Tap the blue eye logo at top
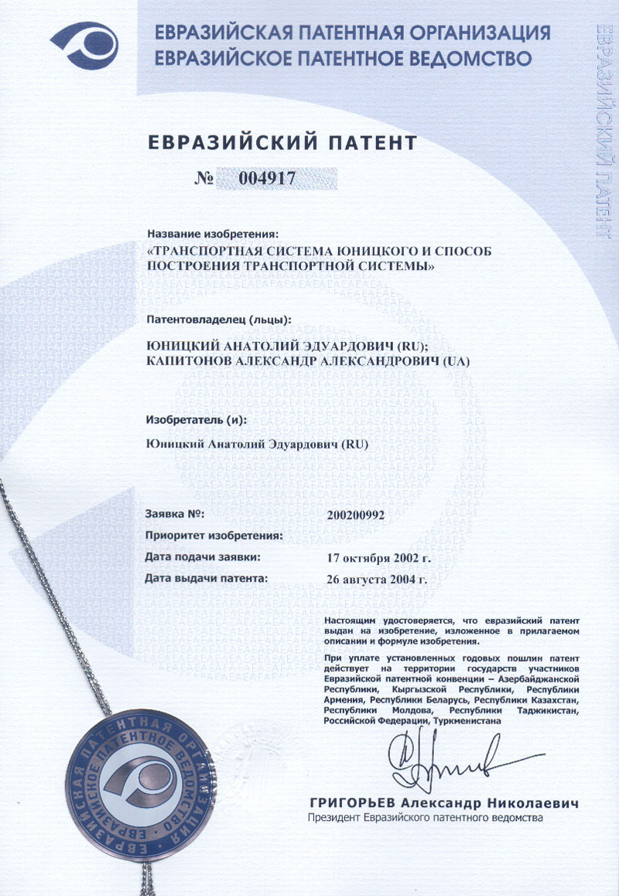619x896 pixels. [x=84, y=46]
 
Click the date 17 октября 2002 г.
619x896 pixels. [x=378, y=557]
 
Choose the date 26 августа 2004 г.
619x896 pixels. [x=378, y=578]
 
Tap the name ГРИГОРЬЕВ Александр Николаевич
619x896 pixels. [x=443, y=803]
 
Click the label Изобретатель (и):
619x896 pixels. [x=196, y=419]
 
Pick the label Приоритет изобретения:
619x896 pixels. [x=214, y=535]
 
